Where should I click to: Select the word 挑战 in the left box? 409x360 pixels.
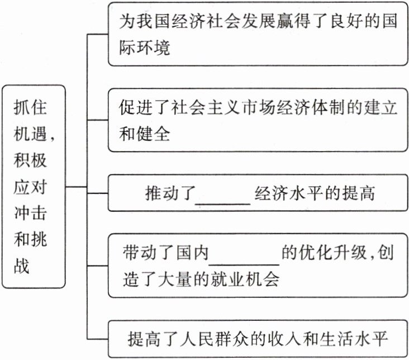pos(34,252)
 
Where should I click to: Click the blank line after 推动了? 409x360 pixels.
pos(222,195)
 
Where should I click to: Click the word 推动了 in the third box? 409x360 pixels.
pos(168,194)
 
